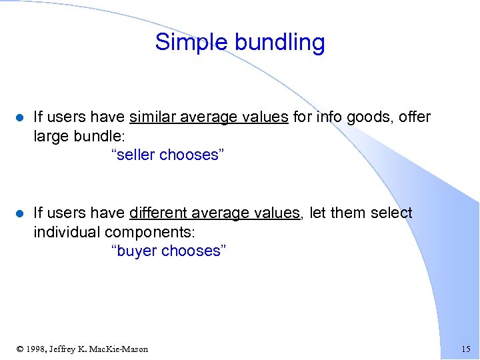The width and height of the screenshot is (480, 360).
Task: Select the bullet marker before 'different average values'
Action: [19, 214]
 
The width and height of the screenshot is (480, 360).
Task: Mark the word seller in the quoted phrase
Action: [135, 155]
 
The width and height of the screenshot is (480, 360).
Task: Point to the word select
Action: [391, 213]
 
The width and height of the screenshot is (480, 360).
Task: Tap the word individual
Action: [67, 232]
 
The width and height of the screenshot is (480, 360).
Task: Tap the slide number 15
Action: [465, 349]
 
